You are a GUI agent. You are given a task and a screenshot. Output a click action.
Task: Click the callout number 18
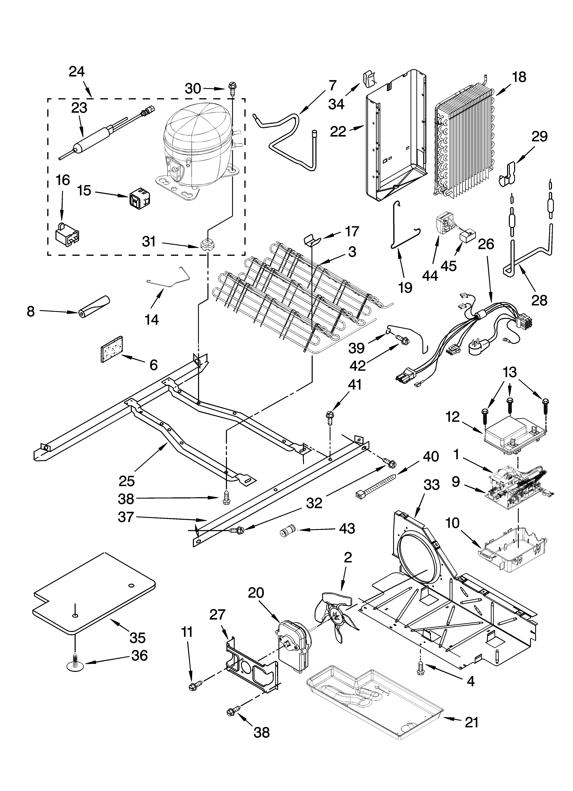(520, 77)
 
